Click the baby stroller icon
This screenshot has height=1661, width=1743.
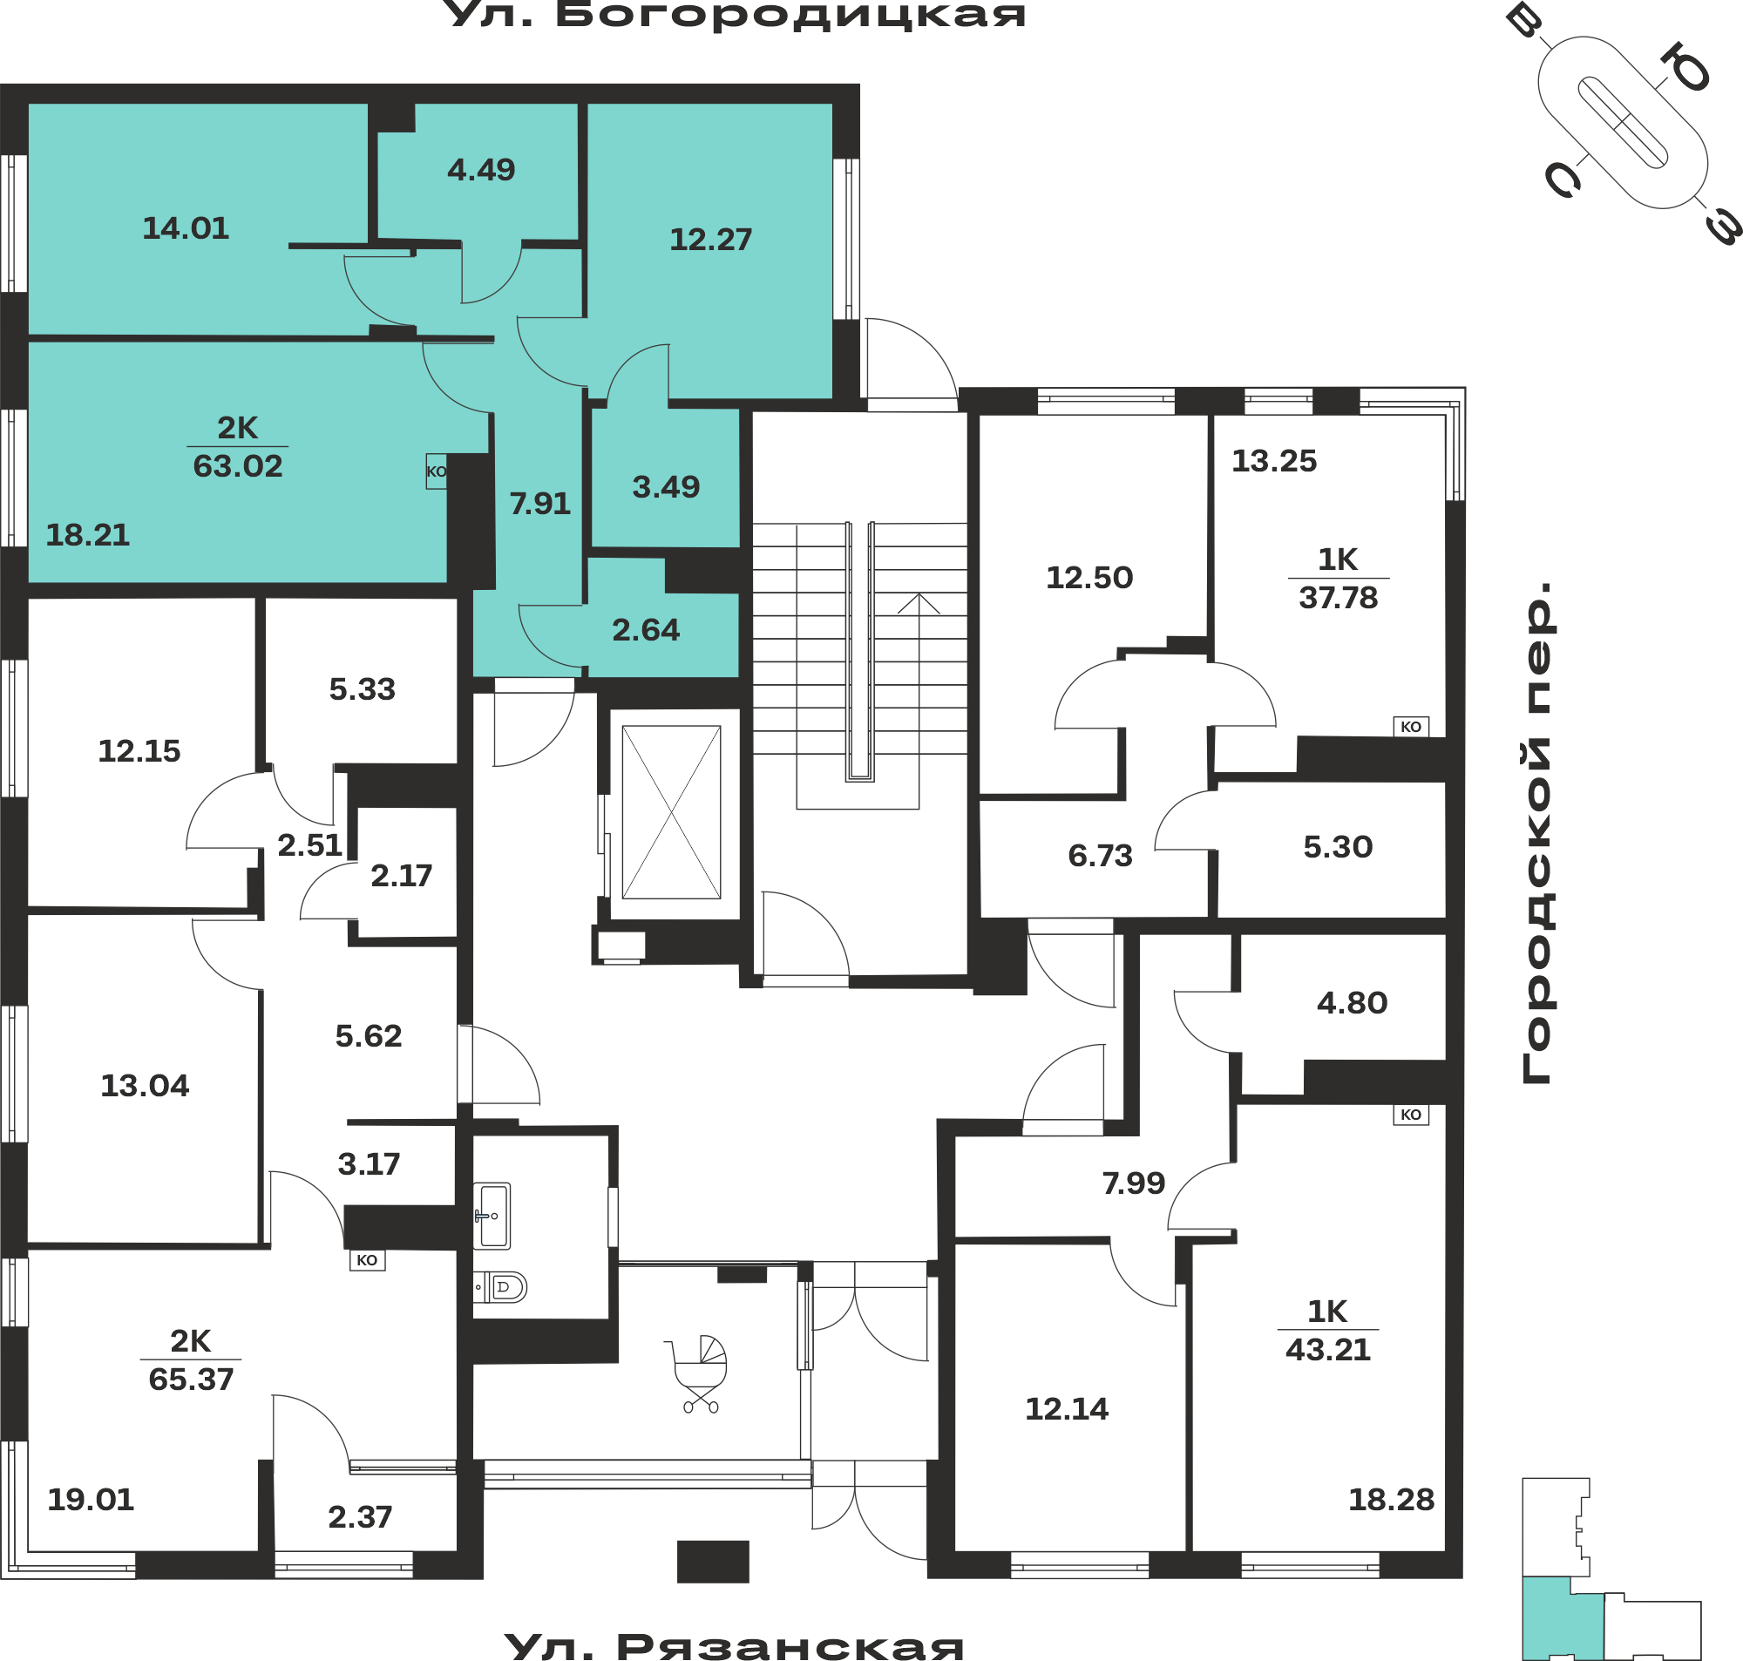click(x=696, y=1373)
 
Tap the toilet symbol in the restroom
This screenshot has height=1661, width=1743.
click(x=501, y=1287)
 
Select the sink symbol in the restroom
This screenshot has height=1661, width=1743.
click(x=492, y=1216)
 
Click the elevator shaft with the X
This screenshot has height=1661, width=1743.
click(x=671, y=813)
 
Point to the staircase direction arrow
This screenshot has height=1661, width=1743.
click(x=919, y=700)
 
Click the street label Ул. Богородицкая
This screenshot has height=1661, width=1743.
click(x=738, y=15)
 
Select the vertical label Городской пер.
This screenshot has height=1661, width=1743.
click(x=1536, y=832)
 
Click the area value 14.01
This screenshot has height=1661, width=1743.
click(x=186, y=228)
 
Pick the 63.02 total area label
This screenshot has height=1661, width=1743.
click(x=238, y=465)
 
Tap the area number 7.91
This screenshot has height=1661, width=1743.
click(x=540, y=504)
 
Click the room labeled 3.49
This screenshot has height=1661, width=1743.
click(x=666, y=487)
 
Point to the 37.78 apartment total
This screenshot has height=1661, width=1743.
click(x=1339, y=599)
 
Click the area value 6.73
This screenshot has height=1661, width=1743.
click(x=1101, y=856)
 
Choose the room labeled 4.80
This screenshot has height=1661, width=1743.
click(x=1352, y=1003)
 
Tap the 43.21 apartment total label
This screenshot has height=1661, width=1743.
click(x=1328, y=1350)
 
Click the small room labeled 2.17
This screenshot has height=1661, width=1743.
click(x=401, y=876)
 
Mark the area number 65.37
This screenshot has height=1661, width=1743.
click(x=191, y=1380)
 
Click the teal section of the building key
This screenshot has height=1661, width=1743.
click(x=1562, y=1619)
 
